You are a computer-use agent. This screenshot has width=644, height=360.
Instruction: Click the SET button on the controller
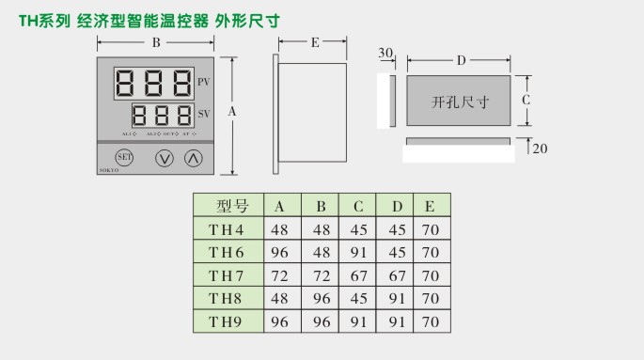click(x=123, y=157)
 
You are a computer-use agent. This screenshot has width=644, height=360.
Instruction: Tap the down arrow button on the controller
click(x=164, y=158)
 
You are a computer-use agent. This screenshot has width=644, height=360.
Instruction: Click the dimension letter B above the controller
click(x=156, y=43)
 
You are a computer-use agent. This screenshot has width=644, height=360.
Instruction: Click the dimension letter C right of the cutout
click(x=526, y=99)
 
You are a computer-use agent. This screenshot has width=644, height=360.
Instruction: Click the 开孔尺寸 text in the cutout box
click(x=460, y=100)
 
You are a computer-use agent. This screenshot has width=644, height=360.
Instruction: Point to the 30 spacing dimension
click(x=385, y=54)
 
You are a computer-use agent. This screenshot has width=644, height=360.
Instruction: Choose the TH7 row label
click(x=227, y=276)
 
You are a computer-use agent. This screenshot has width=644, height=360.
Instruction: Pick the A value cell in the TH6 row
click(x=280, y=253)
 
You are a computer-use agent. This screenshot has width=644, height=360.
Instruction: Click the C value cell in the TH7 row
click(x=358, y=276)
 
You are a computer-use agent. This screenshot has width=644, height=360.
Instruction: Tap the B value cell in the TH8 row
click(x=321, y=299)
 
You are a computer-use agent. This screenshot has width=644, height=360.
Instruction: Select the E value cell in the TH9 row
click(x=430, y=322)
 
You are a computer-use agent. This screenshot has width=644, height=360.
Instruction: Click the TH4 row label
click(x=227, y=230)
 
